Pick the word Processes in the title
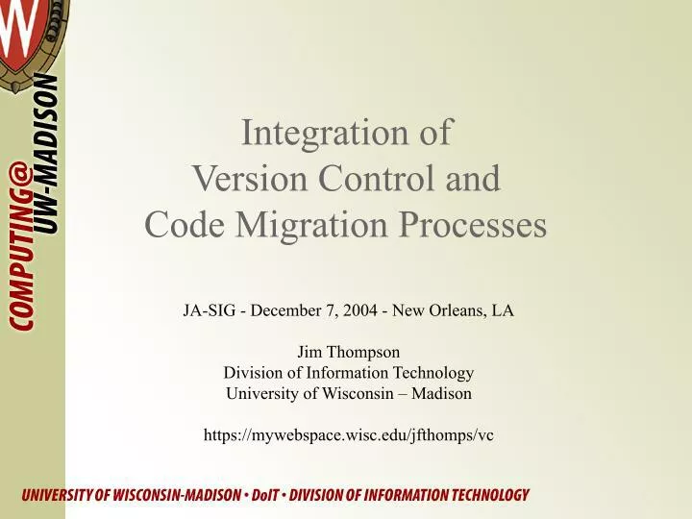click(x=476, y=225)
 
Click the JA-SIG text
click(x=210, y=310)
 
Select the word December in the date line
click(x=289, y=310)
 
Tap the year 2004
click(x=361, y=310)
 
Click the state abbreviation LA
click(x=503, y=310)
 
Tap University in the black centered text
click(x=260, y=393)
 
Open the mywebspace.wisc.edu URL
click(x=348, y=435)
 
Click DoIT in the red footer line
click(x=268, y=496)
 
